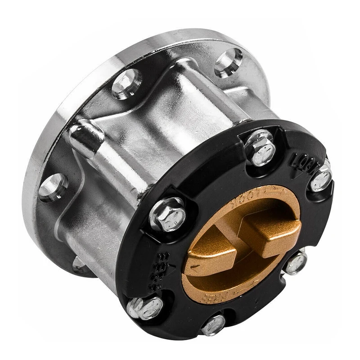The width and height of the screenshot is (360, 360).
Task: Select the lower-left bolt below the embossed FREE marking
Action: (145, 307)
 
